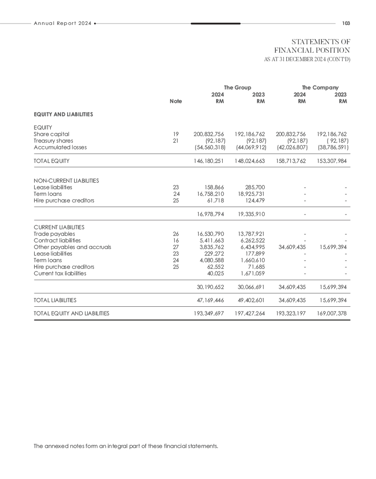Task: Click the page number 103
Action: [x=347, y=23]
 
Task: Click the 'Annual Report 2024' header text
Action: [x=63, y=23]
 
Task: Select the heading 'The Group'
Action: [x=237, y=88]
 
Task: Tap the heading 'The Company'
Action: [x=320, y=88]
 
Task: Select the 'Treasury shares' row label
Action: [x=54, y=140]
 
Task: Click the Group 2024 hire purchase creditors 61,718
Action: [x=215, y=200]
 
